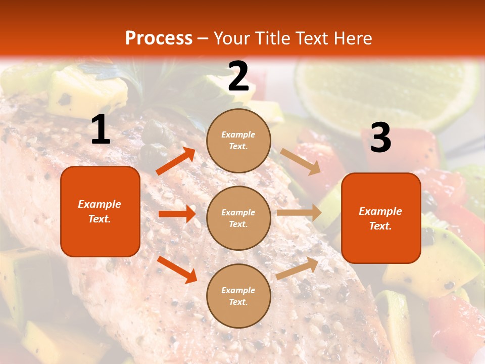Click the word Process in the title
[159, 38]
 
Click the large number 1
[101, 129]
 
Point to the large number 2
[238, 76]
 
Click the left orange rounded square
[100, 211]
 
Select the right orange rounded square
[381, 218]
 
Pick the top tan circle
[238, 141]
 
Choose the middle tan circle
[238, 218]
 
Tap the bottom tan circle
[238, 296]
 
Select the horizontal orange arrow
[177, 214]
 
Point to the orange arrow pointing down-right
[177, 269]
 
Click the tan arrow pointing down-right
[301, 161]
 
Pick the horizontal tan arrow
[299, 213]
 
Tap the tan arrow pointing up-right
[298, 268]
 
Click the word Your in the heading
[232, 38]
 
